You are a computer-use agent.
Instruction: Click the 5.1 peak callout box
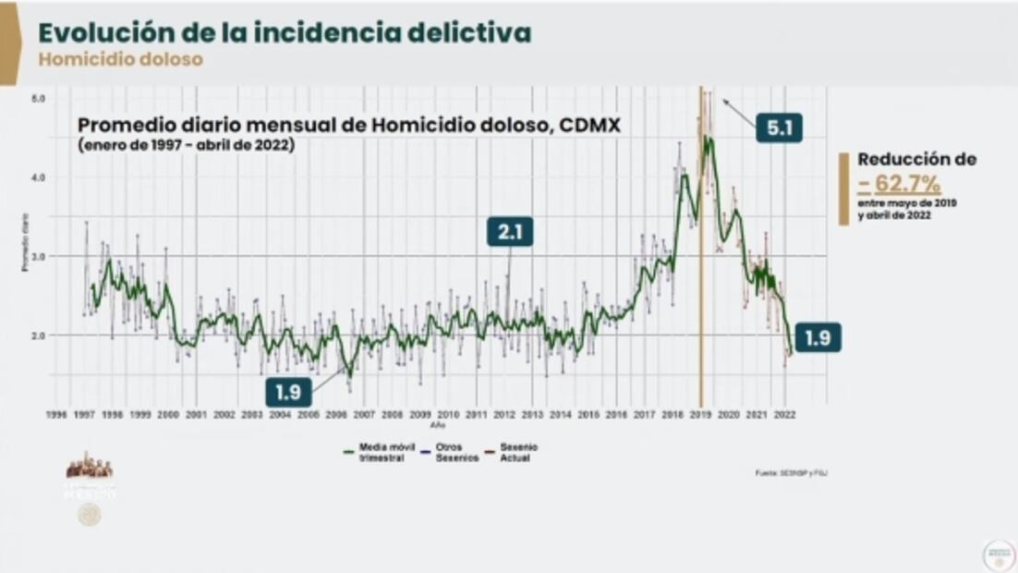point(778,128)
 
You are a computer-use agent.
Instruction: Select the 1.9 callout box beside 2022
point(818,338)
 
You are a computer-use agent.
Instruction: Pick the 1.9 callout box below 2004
point(288,391)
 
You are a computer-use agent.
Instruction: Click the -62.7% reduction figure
point(899,184)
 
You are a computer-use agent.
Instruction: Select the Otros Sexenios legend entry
point(453,453)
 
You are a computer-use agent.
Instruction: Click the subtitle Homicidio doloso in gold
point(120,59)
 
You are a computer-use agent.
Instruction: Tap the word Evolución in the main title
point(94,32)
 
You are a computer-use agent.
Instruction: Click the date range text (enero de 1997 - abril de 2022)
point(186,145)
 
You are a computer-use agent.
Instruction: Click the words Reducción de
point(916,159)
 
